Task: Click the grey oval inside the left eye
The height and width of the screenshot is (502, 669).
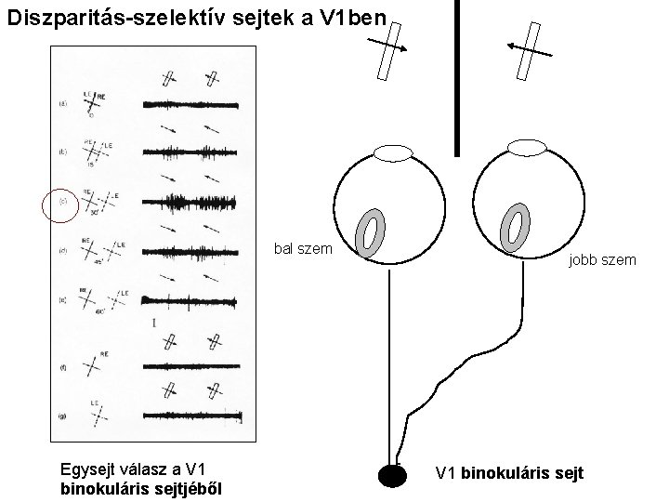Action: (372, 231)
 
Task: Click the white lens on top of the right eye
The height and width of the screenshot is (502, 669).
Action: (528, 146)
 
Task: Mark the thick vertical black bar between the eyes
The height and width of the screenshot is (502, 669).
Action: (456, 76)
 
